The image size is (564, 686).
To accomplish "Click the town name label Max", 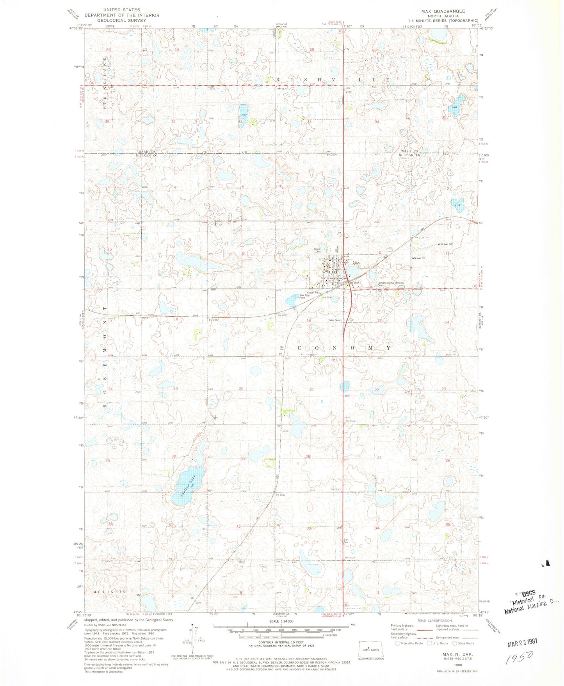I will click(356, 263).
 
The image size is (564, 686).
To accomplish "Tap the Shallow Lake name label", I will click(188, 483).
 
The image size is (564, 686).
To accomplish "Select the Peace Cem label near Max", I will click(318, 250).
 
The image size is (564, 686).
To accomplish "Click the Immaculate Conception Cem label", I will click(390, 284).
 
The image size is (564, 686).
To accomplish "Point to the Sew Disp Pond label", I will click(304, 296).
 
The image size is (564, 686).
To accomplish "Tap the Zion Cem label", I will click(345, 541).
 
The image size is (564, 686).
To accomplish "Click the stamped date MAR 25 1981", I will click(522, 642).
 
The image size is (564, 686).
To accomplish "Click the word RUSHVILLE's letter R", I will click(278, 80).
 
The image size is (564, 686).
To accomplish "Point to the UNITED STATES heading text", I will click(122, 10).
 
